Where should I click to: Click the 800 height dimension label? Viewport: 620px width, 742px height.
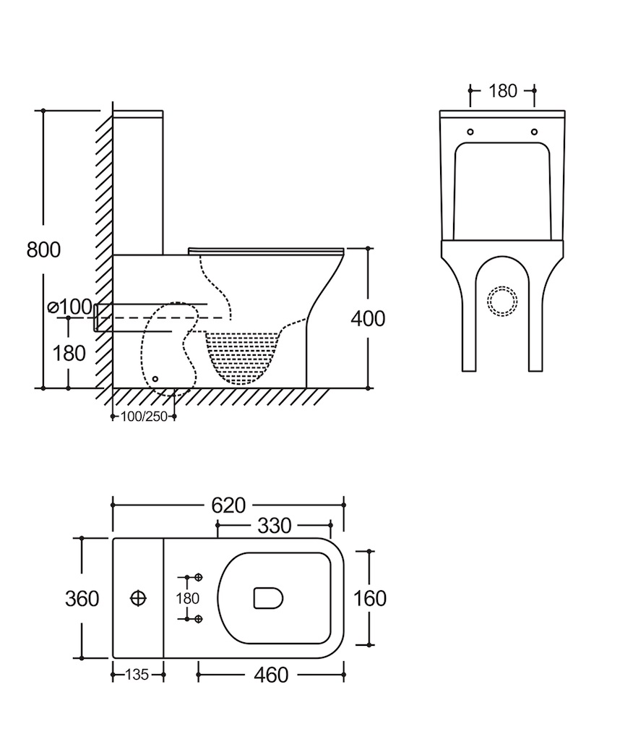43,250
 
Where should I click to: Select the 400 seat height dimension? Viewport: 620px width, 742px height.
369,318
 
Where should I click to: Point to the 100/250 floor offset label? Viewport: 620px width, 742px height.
145,417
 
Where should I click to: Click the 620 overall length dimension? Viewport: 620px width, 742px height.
228,505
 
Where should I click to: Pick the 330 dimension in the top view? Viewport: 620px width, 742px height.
274,526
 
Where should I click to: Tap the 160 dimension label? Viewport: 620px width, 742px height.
371,599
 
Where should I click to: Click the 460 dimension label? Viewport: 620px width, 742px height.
272,675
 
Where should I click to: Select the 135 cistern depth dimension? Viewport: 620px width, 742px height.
137,675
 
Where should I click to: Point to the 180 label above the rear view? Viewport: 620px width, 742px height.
503,91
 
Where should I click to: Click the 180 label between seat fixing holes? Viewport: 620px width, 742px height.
188,599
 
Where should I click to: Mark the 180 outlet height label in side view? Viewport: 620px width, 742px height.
69,354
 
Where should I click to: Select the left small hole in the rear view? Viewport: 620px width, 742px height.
471,132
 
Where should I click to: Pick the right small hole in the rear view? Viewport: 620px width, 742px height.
535,132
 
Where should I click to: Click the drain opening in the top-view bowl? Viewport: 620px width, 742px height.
268,598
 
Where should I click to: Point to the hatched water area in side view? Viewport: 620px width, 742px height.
242,354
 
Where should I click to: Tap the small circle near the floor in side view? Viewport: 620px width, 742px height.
156,378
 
